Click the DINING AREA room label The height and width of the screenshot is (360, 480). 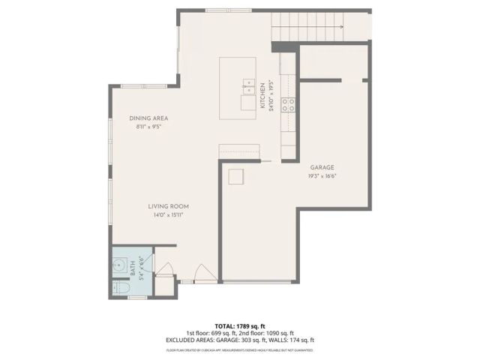(148, 118)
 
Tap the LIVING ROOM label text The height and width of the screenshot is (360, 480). (167, 206)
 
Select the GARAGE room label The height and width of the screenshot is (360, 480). (322, 167)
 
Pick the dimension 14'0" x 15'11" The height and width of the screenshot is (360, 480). (167, 215)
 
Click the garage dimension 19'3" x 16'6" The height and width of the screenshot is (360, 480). (322, 176)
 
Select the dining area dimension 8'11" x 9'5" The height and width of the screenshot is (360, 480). (148, 127)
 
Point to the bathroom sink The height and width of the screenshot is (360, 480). (119, 265)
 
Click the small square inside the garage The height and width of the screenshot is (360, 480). (236, 176)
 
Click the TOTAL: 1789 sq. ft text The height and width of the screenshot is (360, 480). (240, 326)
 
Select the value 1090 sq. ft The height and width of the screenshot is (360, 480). (280, 333)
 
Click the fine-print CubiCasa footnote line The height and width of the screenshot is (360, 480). (240, 349)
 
